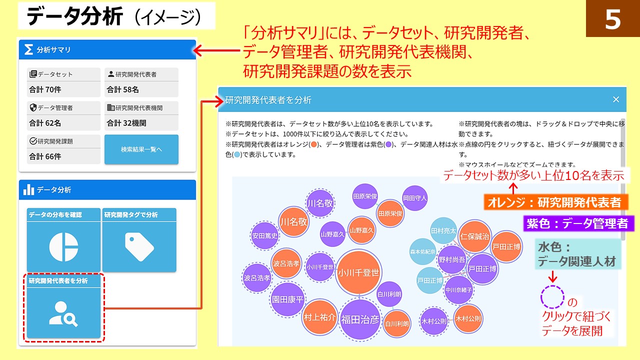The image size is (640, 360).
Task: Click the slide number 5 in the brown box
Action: click(x=612, y=19)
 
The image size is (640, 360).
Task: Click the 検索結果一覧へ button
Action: click(x=141, y=149)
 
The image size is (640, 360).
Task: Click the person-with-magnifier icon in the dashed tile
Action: click(x=63, y=314)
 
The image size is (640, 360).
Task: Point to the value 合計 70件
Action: click(x=45, y=90)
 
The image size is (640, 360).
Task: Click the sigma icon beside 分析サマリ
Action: click(x=29, y=49)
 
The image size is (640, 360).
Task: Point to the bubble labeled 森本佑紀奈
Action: click(x=423, y=252)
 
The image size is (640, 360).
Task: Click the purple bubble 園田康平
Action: click(x=287, y=299)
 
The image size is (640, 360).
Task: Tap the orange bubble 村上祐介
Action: click(x=320, y=317)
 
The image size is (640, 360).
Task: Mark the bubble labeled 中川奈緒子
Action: click(x=458, y=289)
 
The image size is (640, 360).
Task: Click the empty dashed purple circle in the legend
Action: click(x=552, y=297)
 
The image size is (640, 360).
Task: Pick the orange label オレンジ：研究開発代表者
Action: click(x=555, y=202)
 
